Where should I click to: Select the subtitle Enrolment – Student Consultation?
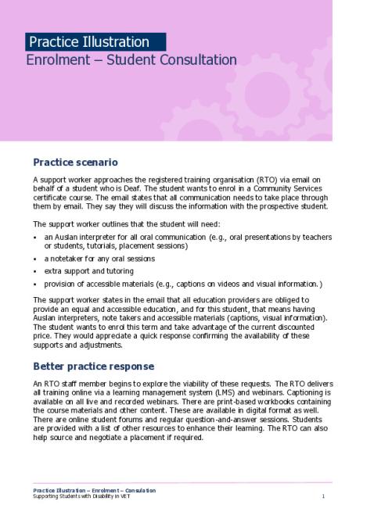pos(131,59)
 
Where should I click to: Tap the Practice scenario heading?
pos(75,163)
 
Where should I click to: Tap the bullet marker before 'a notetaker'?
pos(36,258)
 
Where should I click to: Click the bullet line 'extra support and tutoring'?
pos(86,270)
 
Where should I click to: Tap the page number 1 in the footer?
pos(323,496)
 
